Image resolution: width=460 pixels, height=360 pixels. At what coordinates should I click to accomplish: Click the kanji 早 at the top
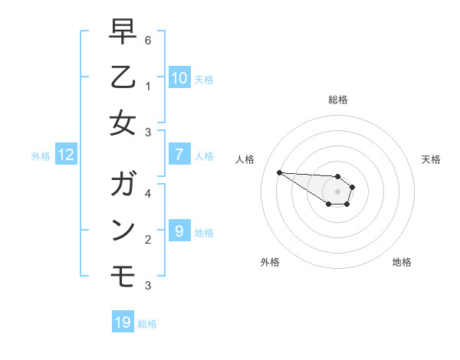(123, 31)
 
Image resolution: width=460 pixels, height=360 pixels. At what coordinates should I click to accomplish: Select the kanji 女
(123, 123)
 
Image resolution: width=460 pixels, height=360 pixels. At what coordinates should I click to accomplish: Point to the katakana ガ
(123, 185)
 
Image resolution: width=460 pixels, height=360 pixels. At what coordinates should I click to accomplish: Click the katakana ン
(123, 230)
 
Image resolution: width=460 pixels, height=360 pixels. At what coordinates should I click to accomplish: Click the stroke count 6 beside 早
(148, 40)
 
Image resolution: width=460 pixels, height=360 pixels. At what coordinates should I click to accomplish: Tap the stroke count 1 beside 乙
(148, 86)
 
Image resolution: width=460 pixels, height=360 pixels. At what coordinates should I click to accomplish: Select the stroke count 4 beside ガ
(148, 193)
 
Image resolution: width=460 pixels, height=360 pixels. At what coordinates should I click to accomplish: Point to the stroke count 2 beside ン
(148, 239)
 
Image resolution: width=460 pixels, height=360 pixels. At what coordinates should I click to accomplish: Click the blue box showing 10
(179, 77)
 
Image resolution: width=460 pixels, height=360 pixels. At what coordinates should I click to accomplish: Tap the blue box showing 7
(179, 155)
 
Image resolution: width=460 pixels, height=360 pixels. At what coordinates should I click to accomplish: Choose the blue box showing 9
(179, 231)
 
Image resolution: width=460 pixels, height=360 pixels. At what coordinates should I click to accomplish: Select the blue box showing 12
(66, 155)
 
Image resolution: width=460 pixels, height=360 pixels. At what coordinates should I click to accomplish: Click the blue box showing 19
(123, 322)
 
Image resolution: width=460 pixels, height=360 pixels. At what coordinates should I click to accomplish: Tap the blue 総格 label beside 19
(147, 324)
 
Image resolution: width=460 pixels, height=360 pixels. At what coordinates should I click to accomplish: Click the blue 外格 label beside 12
(41, 156)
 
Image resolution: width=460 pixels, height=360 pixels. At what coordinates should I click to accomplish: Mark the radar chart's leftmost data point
(279, 172)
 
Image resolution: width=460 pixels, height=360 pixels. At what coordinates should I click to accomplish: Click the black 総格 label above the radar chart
(337, 100)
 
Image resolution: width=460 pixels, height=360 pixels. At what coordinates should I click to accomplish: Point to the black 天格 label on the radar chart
(431, 159)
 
